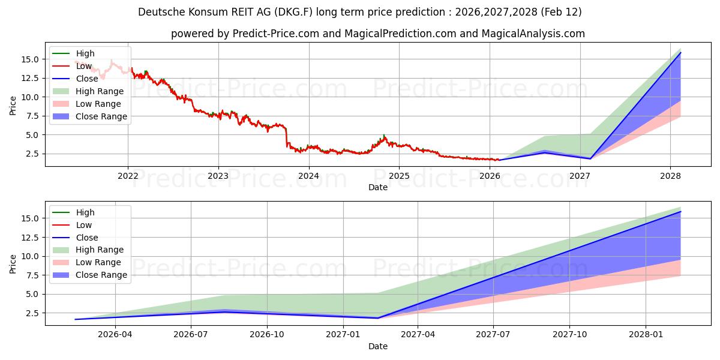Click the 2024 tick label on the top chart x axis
coord(308,176)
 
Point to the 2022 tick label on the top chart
coord(127,176)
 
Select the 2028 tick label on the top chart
coord(670,176)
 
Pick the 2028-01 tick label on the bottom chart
coord(646,335)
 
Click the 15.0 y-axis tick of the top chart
coord(31,59)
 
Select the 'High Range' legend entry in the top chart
coord(100,91)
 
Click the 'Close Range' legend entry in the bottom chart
coord(101,275)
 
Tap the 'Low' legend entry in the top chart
coord(84,66)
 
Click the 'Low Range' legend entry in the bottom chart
coord(98,262)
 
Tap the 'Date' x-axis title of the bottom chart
coord(378,346)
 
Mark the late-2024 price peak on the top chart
coord(384,136)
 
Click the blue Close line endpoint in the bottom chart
coord(680,212)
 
